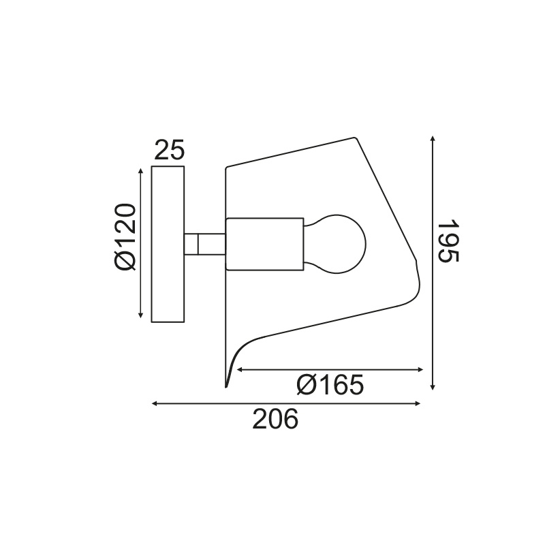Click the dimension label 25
(x=169, y=150)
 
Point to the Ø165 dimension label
(x=330, y=386)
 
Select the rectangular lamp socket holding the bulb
(x=264, y=243)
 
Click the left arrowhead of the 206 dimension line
(x=155, y=404)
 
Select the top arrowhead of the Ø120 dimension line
(x=141, y=168)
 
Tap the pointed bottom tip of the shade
(x=225, y=386)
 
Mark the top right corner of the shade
(x=354, y=138)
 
